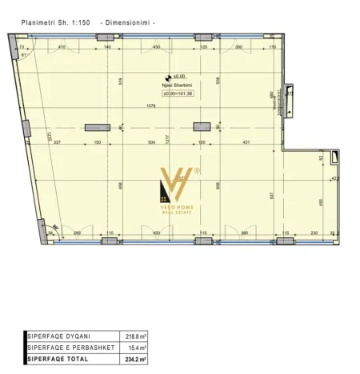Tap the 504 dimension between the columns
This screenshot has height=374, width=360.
tap(151, 142)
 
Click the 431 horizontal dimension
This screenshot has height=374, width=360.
tap(246, 142)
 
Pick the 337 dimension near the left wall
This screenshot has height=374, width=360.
tap(58, 142)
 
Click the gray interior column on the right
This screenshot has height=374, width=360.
tap(201, 125)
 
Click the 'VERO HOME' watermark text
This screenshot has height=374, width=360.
tap(182, 206)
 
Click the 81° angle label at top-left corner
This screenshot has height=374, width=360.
tap(24, 54)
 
